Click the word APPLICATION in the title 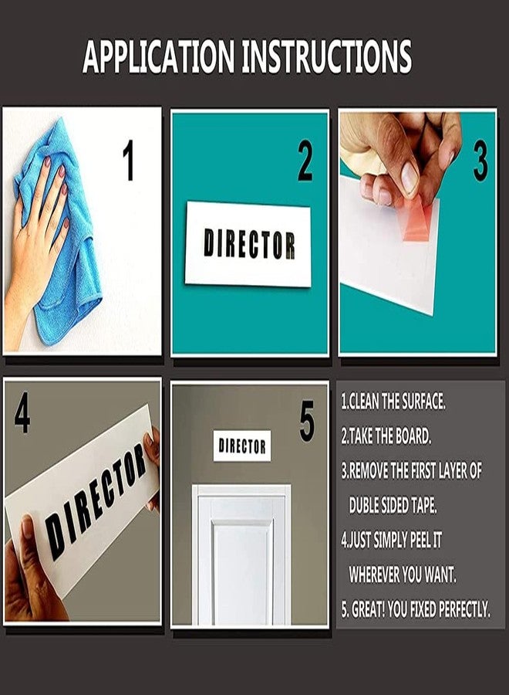click(x=158, y=56)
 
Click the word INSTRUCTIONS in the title click(x=327, y=56)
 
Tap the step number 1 click(x=128, y=160)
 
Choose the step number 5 click(x=307, y=421)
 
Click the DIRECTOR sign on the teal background click(x=248, y=244)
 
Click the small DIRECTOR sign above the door click(x=242, y=446)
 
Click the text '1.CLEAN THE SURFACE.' click(x=393, y=402)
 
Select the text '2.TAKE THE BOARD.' click(x=386, y=436)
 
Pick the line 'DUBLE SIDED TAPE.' click(x=393, y=505)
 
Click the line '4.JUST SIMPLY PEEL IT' click(x=392, y=540)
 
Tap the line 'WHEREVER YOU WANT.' click(x=403, y=575)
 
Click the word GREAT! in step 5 click(x=368, y=609)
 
